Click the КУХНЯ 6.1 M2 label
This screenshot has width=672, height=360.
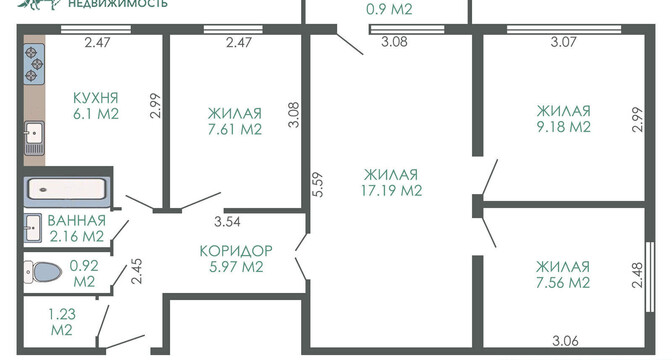pos(96,106)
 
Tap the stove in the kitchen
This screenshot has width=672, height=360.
pos(34,64)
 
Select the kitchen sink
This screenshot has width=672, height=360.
pos(34,138)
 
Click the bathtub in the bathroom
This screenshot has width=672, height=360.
pos(66,189)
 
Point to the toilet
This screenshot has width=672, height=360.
pos(42,272)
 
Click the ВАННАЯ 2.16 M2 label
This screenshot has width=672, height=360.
pos(77,228)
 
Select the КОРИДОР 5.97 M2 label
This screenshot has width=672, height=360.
pos(236,258)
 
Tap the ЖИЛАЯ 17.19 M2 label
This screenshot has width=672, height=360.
pos(391,182)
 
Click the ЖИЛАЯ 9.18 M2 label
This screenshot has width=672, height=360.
pos(564,119)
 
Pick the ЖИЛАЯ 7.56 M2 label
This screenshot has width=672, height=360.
pos(563,275)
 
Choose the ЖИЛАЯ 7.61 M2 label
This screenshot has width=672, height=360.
pos(235,121)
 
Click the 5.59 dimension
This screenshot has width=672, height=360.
pos(318,184)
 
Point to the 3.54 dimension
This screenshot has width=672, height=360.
pos(227,222)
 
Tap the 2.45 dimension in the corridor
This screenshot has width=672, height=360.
pos(137,271)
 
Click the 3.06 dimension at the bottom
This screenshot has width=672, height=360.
pos(565,341)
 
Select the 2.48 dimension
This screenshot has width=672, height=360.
pos(637,275)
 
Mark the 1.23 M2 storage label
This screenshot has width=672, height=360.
pos(62,322)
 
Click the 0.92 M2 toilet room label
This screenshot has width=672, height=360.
pos(84,273)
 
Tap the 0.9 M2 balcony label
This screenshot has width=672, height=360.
pos(389,9)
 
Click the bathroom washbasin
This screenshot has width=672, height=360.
pos(33,228)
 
